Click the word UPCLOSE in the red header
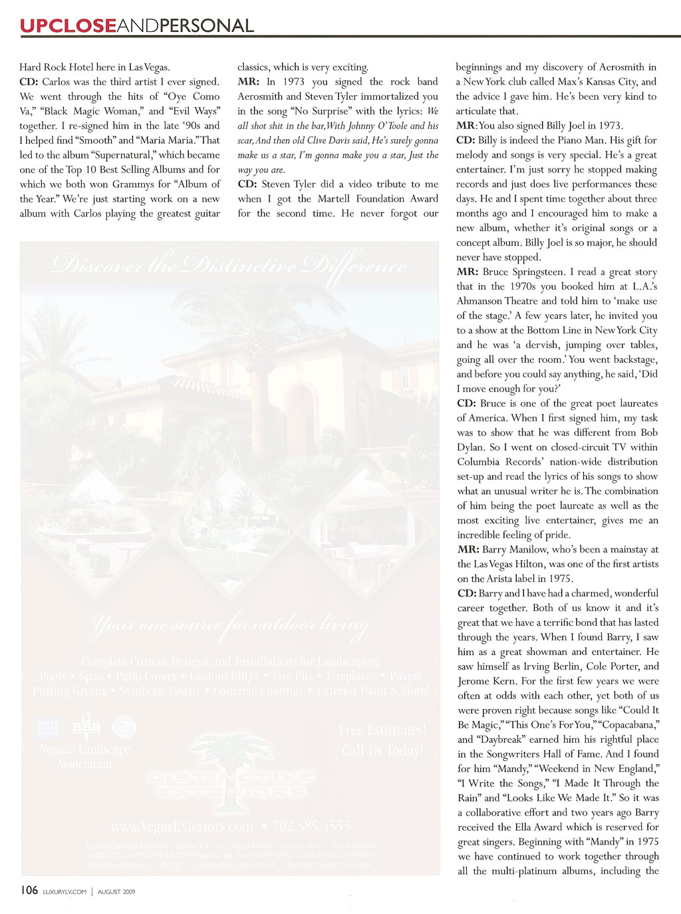pos(67,26)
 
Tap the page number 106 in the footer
pos(29,891)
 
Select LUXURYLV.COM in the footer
pos(64,892)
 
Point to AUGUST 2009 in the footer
pos(116,892)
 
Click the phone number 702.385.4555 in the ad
pos(311,826)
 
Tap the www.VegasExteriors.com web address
pos(182,826)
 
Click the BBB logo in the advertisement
pos(86,728)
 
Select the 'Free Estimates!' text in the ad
pos(382,730)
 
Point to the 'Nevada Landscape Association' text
pos(84,757)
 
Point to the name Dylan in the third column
pos(473,447)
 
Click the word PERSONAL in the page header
pos(206,26)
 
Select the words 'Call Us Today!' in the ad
pos(382,750)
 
